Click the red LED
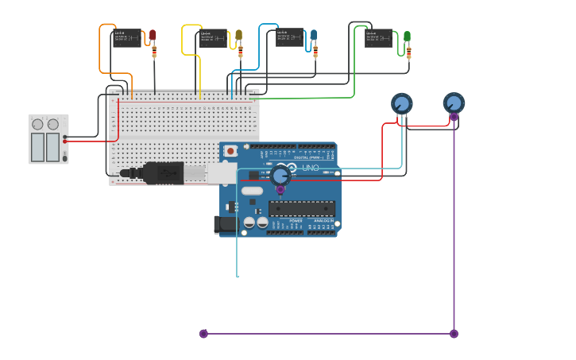click(153, 36)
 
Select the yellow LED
click(238, 36)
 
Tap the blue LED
click(313, 36)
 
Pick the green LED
click(407, 37)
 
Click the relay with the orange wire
click(127, 38)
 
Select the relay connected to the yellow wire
click(212, 38)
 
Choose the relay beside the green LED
click(379, 38)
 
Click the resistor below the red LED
click(154, 52)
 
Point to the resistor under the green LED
click(408, 53)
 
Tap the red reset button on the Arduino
click(230, 151)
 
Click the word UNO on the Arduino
click(310, 168)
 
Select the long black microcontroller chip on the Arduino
click(301, 208)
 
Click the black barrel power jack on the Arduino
click(226, 225)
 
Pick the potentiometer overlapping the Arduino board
click(280, 176)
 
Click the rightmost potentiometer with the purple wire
click(454, 103)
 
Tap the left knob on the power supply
click(37, 124)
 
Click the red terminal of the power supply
click(65, 141)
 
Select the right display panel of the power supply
click(53, 146)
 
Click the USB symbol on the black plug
click(156, 172)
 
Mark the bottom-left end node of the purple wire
click(203, 334)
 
